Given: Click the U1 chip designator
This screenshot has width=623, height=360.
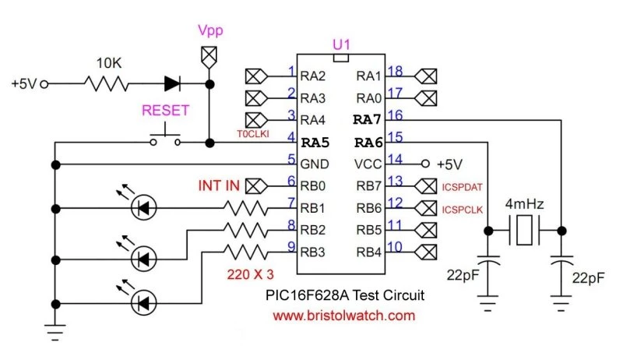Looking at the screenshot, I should click(x=341, y=45).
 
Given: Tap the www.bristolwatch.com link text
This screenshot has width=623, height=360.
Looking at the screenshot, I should click(x=344, y=316).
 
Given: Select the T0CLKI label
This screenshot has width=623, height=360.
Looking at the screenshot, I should click(x=252, y=134).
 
